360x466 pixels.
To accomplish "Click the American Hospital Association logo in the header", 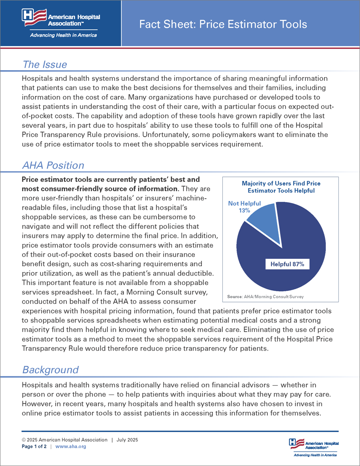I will [61, 19].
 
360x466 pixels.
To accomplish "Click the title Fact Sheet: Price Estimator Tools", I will [223, 24].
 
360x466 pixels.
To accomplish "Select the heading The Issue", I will [45, 64].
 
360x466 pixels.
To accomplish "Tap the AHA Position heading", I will [53, 165].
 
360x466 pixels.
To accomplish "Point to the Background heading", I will [50, 370].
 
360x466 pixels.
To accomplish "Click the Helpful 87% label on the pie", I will [287, 264].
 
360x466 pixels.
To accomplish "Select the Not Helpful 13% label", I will [244, 207].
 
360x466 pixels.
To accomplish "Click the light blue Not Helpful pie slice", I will [262, 216].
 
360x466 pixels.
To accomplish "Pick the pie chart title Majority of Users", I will [281, 187].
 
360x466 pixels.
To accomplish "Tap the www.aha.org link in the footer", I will [71, 447].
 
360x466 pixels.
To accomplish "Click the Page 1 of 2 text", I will [35, 447].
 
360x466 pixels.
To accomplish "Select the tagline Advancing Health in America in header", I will [63, 35].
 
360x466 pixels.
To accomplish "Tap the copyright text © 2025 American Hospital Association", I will [65, 440].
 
